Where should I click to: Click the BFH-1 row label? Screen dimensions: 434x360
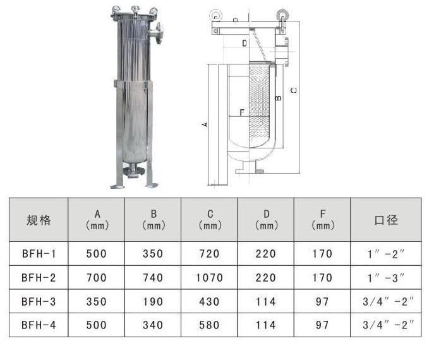pyautogui.click(x=39, y=254)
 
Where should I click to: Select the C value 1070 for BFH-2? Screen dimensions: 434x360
pyautogui.click(x=209, y=277)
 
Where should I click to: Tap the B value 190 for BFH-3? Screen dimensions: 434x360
pyautogui.click(x=153, y=302)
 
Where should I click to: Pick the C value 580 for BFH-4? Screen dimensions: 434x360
pyautogui.click(x=209, y=325)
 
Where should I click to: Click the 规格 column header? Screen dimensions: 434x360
pyautogui.click(x=39, y=220)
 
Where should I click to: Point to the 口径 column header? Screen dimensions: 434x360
pyautogui.click(x=386, y=220)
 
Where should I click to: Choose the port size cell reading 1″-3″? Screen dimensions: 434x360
pyautogui.click(x=386, y=277)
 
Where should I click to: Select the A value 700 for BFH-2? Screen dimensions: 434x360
pyautogui.click(x=96, y=277)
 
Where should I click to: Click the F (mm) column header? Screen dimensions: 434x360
pyautogui.click(x=322, y=220)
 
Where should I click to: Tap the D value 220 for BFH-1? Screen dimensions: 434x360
pyautogui.click(x=266, y=254)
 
